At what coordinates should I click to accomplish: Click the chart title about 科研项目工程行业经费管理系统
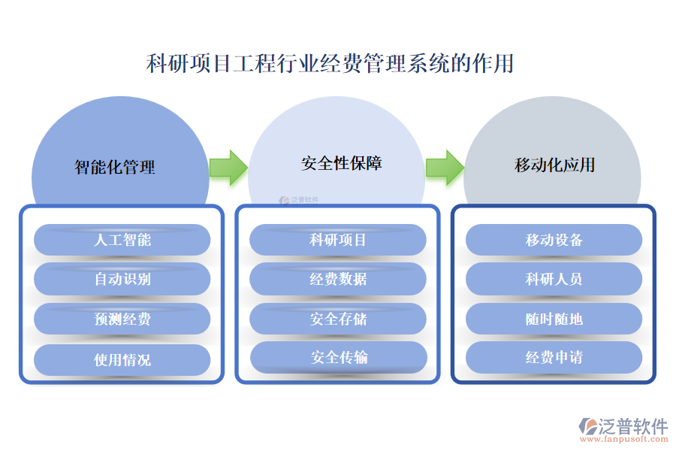pyautogui.click(x=330, y=63)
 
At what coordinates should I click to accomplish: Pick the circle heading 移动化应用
pyautogui.click(x=554, y=165)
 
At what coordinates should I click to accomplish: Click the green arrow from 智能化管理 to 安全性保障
pyautogui.click(x=228, y=167)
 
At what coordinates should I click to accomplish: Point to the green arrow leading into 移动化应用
pyautogui.click(x=445, y=167)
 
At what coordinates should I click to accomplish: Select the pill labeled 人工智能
pyautogui.click(x=122, y=240)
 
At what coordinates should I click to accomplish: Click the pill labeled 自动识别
pyautogui.click(x=122, y=279)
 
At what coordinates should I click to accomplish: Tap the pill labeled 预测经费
pyautogui.click(x=122, y=319)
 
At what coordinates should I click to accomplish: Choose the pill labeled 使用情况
pyautogui.click(x=122, y=359)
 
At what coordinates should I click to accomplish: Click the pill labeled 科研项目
pyautogui.click(x=338, y=240)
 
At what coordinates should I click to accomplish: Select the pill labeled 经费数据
pyautogui.click(x=338, y=279)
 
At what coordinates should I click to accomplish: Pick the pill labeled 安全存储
pyautogui.click(x=338, y=319)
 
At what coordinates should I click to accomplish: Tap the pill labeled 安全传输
pyautogui.click(x=338, y=357)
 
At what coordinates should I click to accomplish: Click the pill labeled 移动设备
pyautogui.click(x=554, y=240)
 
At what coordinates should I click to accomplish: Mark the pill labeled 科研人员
pyautogui.click(x=554, y=279)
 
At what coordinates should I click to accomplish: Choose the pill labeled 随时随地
pyautogui.click(x=554, y=319)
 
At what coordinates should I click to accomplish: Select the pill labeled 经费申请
pyautogui.click(x=554, y=357)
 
